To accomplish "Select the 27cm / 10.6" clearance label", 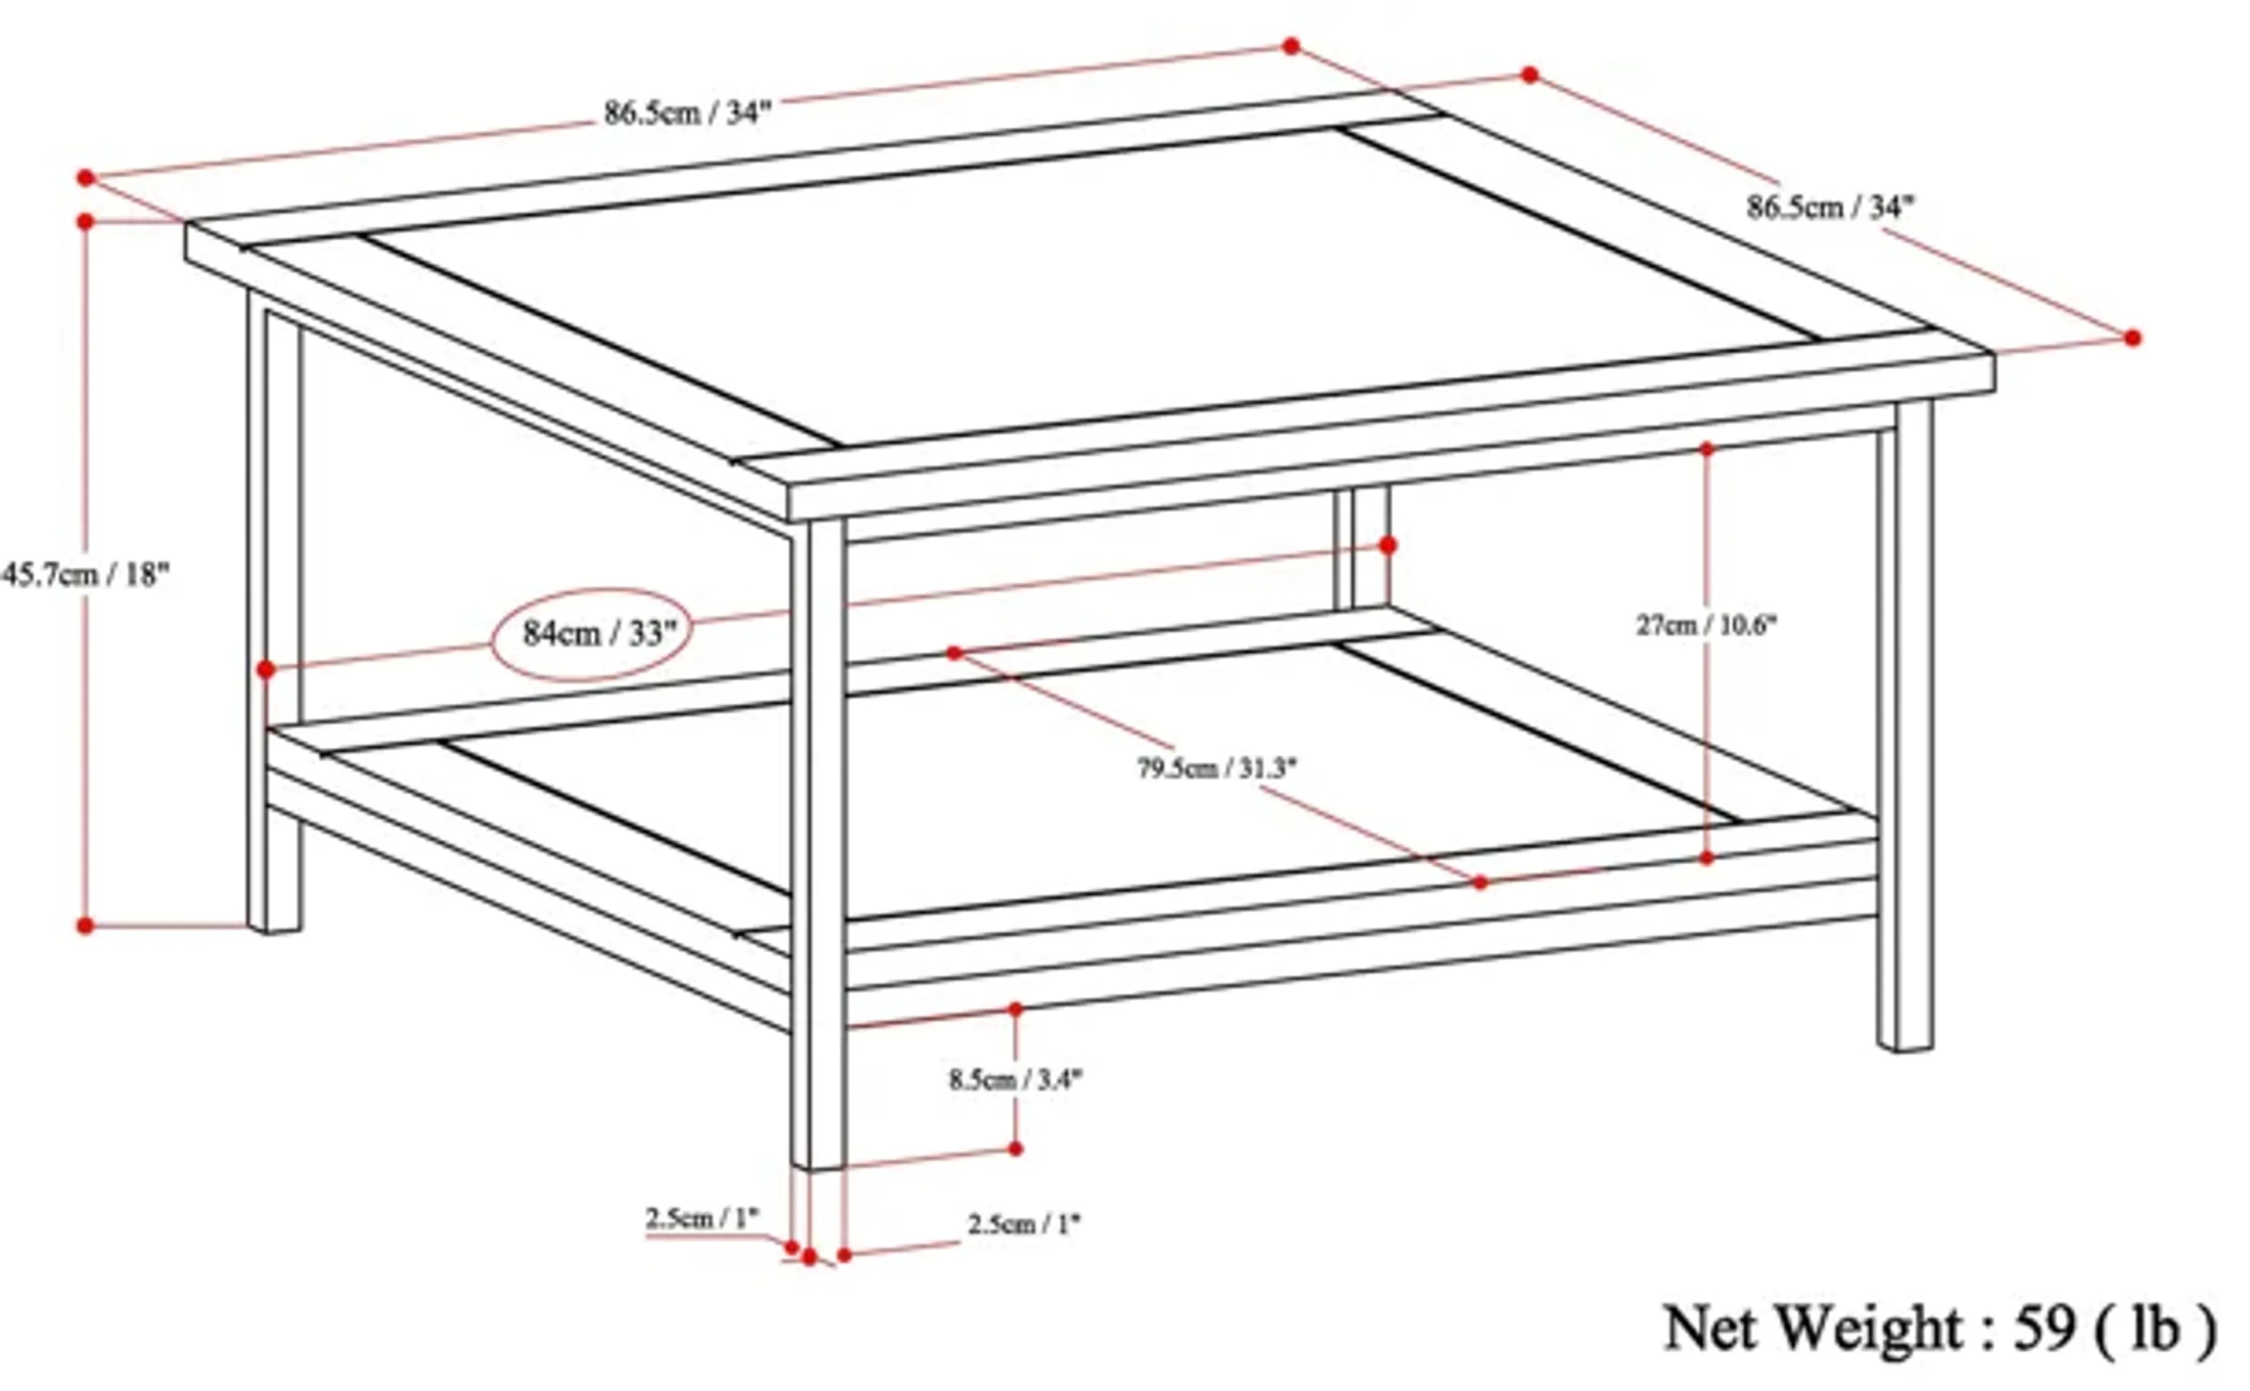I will (1706, 626).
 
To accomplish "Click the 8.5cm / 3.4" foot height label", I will (1015, 1079).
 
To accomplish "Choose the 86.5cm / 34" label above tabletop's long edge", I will (686, 113).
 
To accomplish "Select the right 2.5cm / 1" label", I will (1023, 1225).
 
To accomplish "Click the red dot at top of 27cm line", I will (1706, 449).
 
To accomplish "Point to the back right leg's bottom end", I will (1905, 1045).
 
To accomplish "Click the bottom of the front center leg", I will (817, 1167).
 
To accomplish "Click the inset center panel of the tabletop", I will (1085, 285).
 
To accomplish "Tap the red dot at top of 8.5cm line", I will (1015, 1009).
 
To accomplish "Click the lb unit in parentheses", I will (2156, 1328).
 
